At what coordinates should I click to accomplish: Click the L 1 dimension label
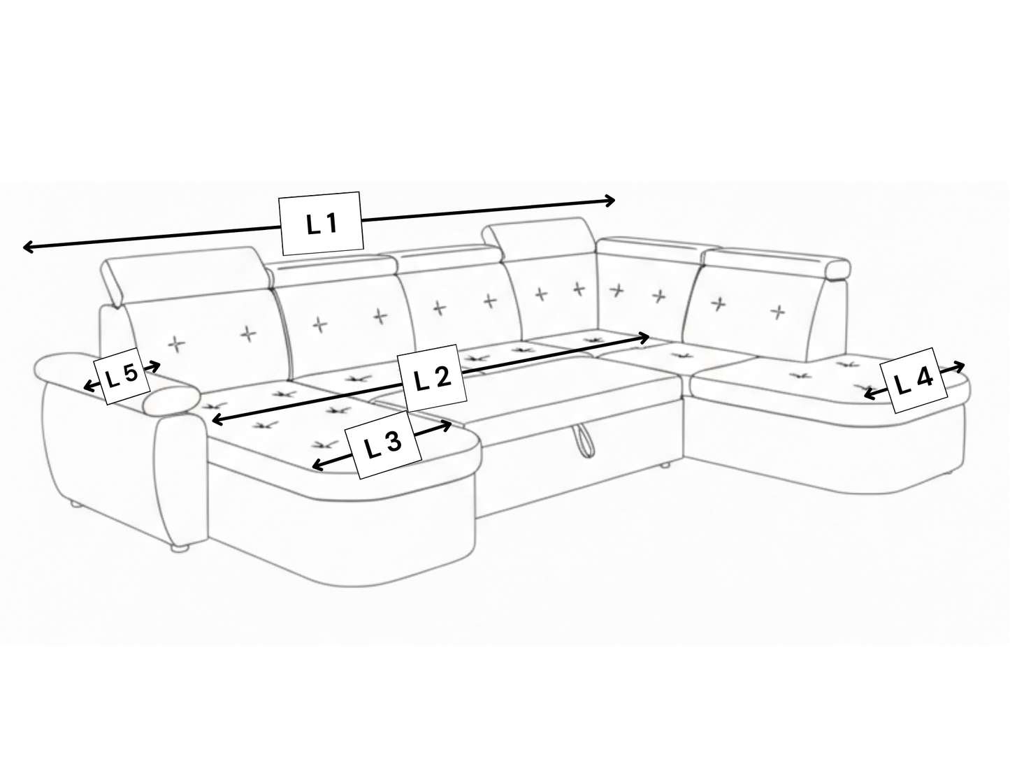(322, 224)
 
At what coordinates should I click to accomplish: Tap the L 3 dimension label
(383, 445)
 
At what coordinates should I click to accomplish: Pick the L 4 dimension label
(914, 380)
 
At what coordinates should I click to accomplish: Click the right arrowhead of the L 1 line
(609, 200)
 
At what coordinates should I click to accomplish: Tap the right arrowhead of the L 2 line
(644, 338)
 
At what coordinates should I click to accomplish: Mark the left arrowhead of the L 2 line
(217, 419)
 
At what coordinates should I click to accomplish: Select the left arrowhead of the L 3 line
(317, 466)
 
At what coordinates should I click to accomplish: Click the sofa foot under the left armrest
(180, 548)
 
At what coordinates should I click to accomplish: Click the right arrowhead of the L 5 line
(155, 367)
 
